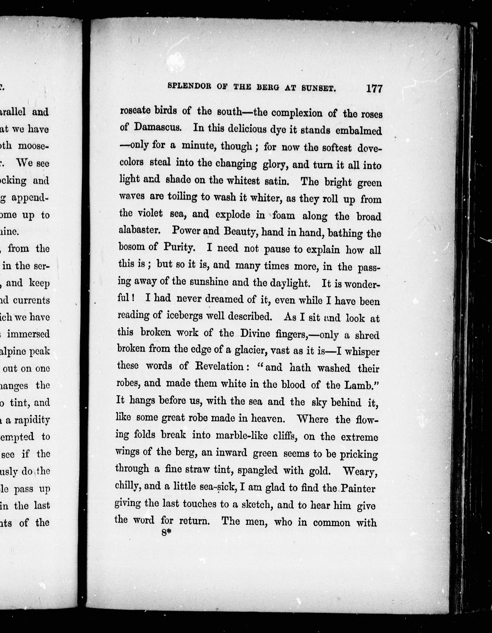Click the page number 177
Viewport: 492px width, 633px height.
point(374,88)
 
